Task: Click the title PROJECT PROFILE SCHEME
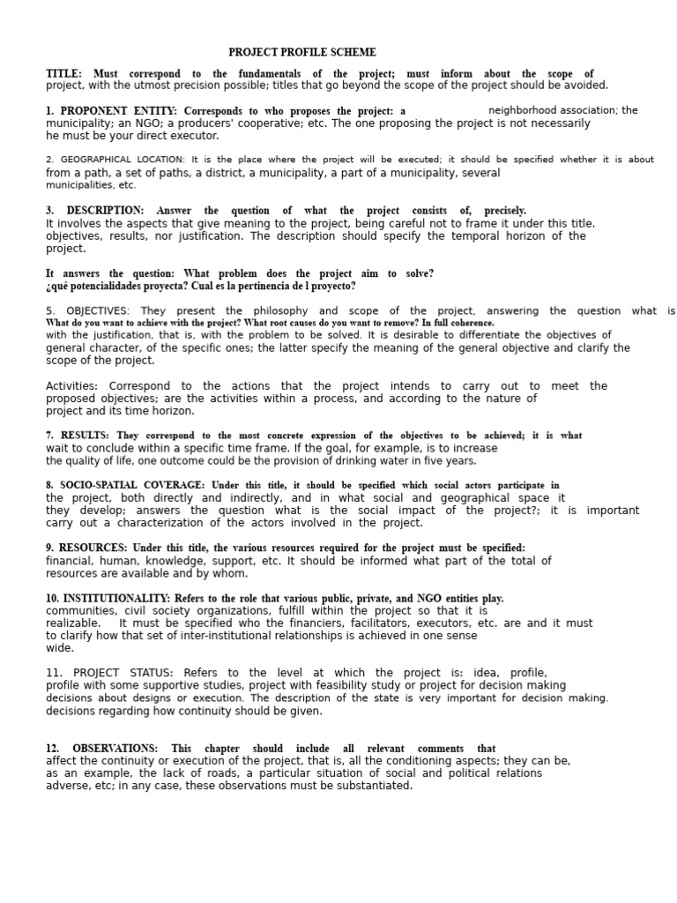(x=302, y=53)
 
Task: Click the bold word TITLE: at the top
(x=63, y=74)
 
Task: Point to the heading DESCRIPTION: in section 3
(x=105, y=211)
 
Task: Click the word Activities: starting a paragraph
(x=71, y=386)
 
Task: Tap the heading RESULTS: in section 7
(x=85, y=436)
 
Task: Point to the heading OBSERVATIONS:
(x=115, y=749)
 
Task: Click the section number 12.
(x=52, y=749)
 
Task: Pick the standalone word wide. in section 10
(x=60, y=648)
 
